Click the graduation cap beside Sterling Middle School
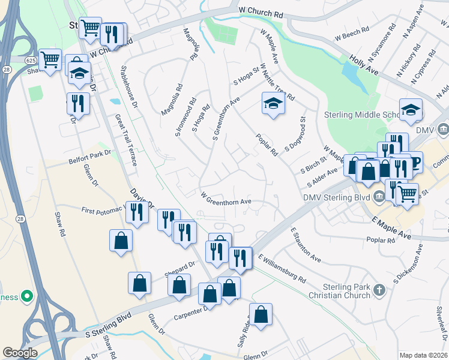click(x=411, y=109)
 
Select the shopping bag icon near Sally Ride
click(x=261, y=314)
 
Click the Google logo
click(x=20, y=353)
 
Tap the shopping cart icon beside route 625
click(x=50, y=59)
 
